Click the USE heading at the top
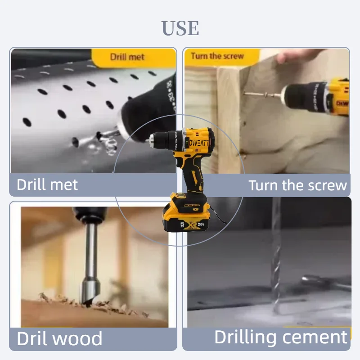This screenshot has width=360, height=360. [x=180, y=28]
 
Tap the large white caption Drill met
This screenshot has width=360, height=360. [x=47, y=184]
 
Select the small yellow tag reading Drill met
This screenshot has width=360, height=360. [x=127, y=57]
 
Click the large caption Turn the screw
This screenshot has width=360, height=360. [x=297, y=185]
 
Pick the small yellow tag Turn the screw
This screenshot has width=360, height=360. [x=217, y=56]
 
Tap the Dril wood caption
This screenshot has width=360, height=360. [x=59, y=338]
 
